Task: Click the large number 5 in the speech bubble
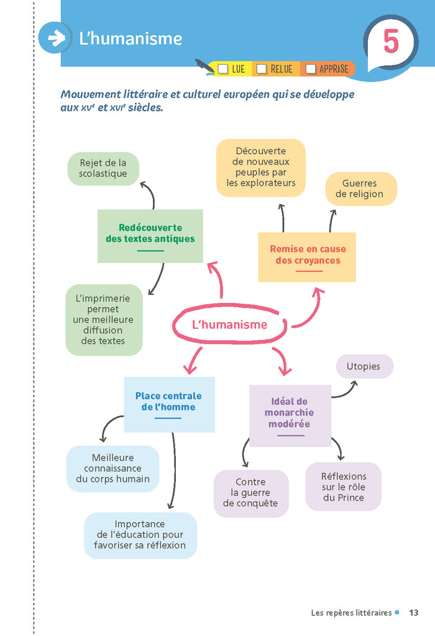click(390, 42)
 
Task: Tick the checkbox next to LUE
click(223, 69)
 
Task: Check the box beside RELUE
click(262, 69)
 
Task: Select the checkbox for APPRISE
click(310, 69)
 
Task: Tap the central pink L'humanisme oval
click(230, 325)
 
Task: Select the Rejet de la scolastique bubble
click(103, 168)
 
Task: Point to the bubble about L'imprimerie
click(103, 320)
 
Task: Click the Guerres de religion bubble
click(360, 188)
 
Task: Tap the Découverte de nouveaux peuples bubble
click(260, 167)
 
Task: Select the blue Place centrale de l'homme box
click(169, 403)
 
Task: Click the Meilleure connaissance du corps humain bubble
click(113, 468)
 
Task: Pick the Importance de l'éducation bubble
click(140, 535)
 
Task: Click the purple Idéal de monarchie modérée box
click(290, 415)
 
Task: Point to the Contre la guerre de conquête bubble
click(250, 492)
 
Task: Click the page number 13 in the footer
click(414, 613)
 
